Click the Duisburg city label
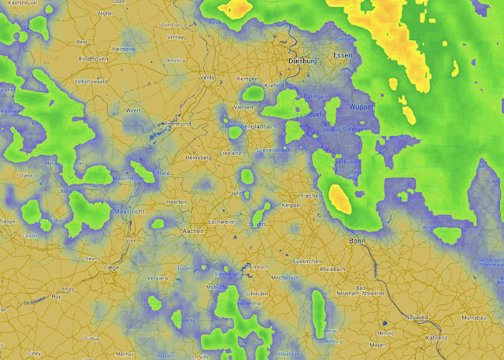point(303,60)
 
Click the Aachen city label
point(193,232)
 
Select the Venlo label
point(207,78)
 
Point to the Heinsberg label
point(198,158)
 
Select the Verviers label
point(158,277)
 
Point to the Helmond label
point(124,49)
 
